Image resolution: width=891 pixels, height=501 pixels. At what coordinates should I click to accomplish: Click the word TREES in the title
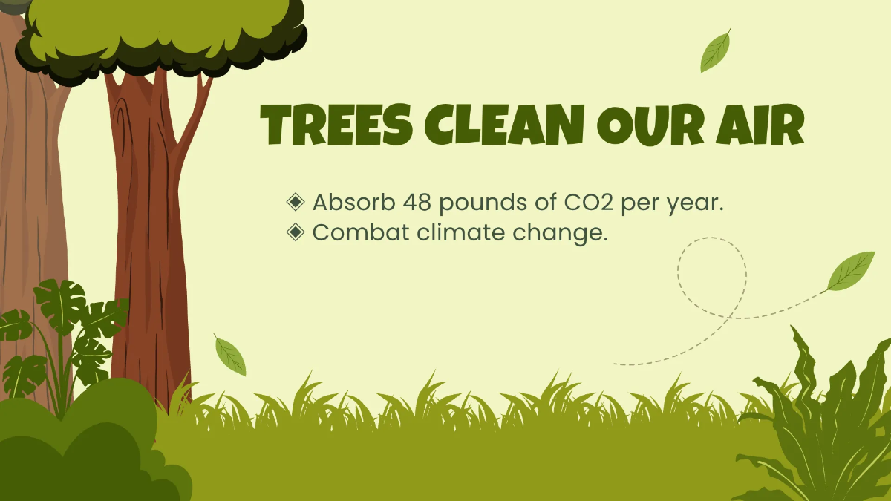click(336, 125)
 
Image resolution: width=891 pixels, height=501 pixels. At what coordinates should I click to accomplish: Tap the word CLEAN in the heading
click(504, 125)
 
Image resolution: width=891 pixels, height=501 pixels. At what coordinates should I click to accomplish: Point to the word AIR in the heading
click(760, 125)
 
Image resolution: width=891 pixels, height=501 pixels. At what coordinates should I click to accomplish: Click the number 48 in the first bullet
click(417, 202)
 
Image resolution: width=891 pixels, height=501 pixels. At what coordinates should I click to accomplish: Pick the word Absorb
click(353, 202)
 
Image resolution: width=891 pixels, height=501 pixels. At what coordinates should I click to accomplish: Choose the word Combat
click(361, 232)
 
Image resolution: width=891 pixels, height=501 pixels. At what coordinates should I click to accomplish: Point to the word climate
click(460, 232)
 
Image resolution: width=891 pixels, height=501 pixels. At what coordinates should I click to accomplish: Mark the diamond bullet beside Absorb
click(296, 202)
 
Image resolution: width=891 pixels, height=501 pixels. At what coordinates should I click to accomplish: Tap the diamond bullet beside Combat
click(296, 232)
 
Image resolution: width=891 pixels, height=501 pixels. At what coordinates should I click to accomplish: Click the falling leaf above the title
click(716, 51)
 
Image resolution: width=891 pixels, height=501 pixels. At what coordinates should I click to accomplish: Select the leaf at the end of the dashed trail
click(850, 271)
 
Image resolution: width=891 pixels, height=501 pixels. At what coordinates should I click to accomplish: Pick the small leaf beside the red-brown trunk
click(230, 355)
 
